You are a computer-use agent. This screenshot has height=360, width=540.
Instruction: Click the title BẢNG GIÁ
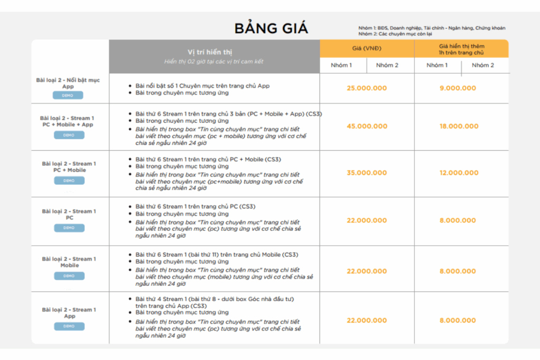pos(271,28)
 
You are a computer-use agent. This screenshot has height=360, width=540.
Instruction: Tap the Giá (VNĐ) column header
pos(367,48)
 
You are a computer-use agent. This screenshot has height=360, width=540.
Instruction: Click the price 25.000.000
pos(367,88)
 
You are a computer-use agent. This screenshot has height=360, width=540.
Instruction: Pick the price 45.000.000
pos(367,126)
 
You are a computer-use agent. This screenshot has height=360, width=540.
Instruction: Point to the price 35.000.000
pos(367,173)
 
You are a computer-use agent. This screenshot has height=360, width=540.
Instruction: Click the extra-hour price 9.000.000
pos(458,88)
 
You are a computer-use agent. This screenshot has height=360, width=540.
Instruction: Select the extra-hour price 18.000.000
pos(458,126)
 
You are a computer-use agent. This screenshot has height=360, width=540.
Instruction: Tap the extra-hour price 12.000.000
pos(458,173)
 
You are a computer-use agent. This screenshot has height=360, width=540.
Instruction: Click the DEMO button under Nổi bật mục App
pos(68,95)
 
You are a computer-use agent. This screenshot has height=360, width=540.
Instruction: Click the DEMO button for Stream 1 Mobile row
pos(69,276)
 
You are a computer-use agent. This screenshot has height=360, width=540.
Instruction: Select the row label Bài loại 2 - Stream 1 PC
pos(69,214)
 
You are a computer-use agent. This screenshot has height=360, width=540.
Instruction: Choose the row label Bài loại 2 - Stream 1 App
pos(69,313)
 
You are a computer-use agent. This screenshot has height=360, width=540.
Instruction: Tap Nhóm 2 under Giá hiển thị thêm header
pos(483,65)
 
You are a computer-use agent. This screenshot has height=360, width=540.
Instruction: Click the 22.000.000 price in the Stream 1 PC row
pos(367,220)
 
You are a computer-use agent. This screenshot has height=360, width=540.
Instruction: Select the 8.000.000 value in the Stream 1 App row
pos(458,320)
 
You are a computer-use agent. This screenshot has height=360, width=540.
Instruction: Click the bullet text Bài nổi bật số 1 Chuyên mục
pos(202,85)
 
